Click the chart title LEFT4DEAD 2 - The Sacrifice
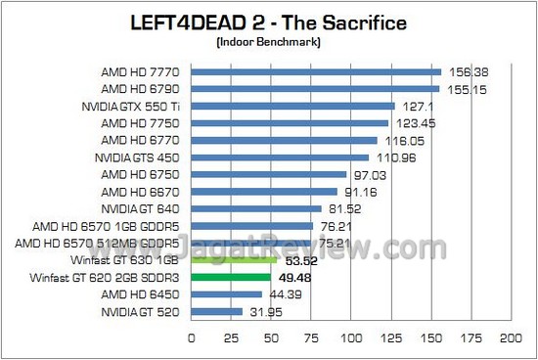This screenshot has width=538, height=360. [x=268, y=23]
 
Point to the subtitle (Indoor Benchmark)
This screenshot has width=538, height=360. [x=268, y=43]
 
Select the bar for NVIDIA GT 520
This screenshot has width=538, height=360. [x=216, y=312]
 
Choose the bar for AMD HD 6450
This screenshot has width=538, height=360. [x=226, y=294]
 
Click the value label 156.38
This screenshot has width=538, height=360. [x=465, y=71]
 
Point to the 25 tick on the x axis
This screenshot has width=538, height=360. [x=231, y=337]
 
